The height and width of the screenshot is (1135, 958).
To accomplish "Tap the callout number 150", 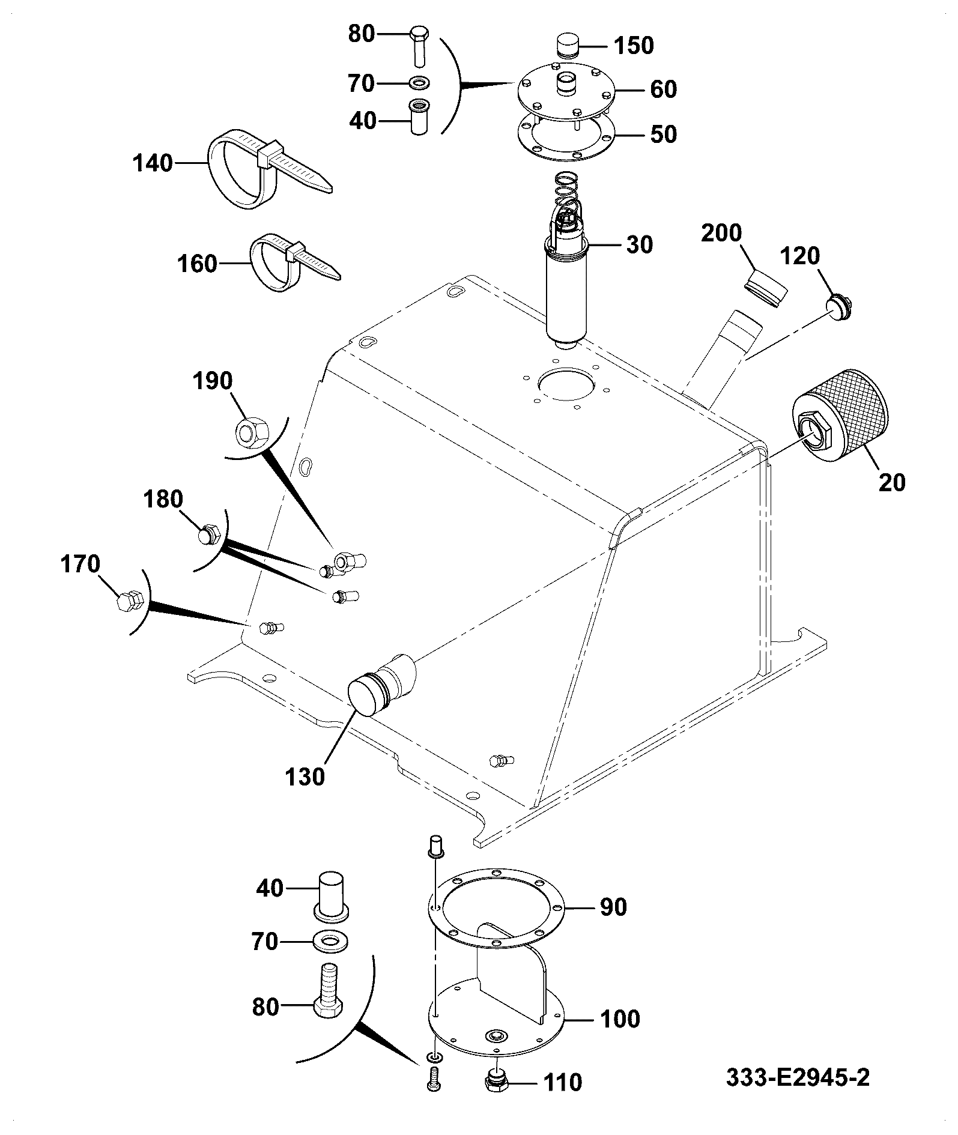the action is click(634, 46).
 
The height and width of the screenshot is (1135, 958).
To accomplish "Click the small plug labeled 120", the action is click(840, 307).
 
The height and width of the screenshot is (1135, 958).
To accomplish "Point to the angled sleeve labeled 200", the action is click(766, 289).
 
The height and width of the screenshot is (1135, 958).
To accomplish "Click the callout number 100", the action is click(619, 1019).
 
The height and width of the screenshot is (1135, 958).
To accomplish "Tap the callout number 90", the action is click(613, 907).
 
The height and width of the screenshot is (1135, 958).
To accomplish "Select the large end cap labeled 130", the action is click(382, 685).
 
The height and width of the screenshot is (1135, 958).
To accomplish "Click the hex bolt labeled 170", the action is click(129, 602).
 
